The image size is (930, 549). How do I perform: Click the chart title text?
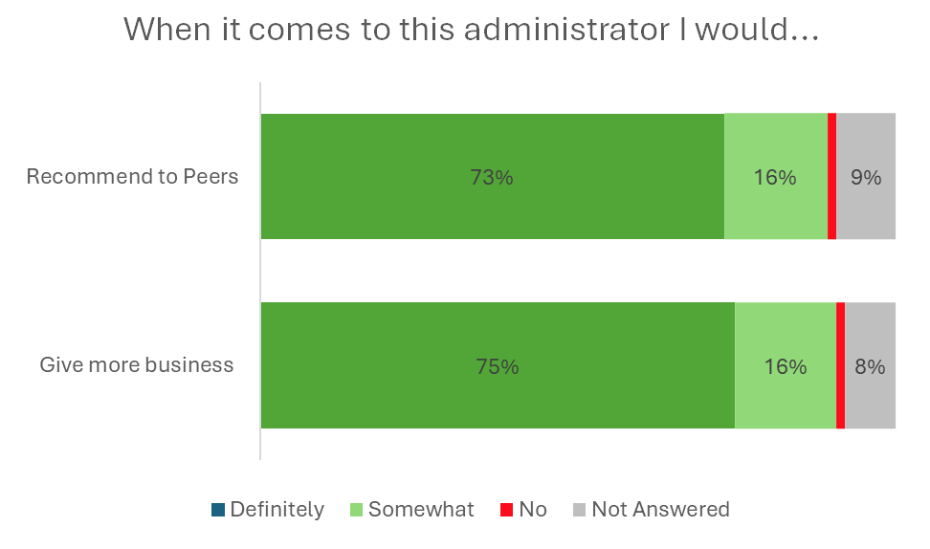[x=472, y=30]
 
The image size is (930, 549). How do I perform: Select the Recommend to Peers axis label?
[x=132, y=177]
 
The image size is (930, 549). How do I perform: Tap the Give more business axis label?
[x=137, y=364]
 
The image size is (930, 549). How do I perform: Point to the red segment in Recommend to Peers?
[x=831, y=176]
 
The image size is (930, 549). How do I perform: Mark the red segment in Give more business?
[x=840, y=365]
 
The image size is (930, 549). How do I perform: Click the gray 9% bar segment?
[x=866, y=210]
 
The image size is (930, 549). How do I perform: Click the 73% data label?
[x=492, y=177]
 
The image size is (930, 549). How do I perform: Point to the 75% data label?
[x=498, y=366]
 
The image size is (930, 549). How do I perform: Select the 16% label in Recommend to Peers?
[x=775, y=177]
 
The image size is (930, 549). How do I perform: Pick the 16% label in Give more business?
[x=786, y=366]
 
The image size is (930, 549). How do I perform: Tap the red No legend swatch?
[x=506, y=510]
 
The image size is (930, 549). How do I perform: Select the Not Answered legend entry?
[x=660, y=510]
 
